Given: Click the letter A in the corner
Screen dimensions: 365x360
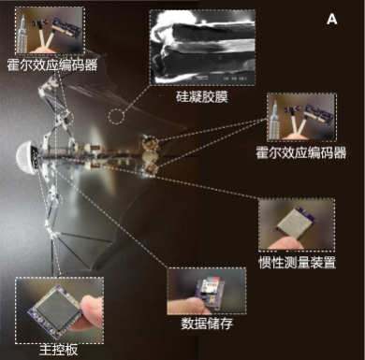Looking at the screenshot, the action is pos(332,20).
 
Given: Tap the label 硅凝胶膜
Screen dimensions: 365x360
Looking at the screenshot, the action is pos(202,96).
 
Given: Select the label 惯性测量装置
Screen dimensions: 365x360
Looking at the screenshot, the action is pos(297,263).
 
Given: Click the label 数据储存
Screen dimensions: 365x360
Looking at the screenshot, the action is pos(207,324).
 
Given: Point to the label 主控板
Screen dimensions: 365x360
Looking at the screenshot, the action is pos(59,351).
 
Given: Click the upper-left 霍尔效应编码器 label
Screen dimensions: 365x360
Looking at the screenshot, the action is pos(52,65).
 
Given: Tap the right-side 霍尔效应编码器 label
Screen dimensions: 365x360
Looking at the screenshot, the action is pos(301,153).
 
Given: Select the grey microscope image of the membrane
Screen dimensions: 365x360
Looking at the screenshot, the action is pos(202,48).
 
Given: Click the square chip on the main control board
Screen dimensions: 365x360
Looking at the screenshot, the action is pos(55,309).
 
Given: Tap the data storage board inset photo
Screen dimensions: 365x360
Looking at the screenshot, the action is pos(207,291).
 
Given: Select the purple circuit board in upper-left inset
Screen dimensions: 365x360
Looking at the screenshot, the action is pos(67,28).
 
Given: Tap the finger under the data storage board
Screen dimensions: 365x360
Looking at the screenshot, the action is pos(189,307).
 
